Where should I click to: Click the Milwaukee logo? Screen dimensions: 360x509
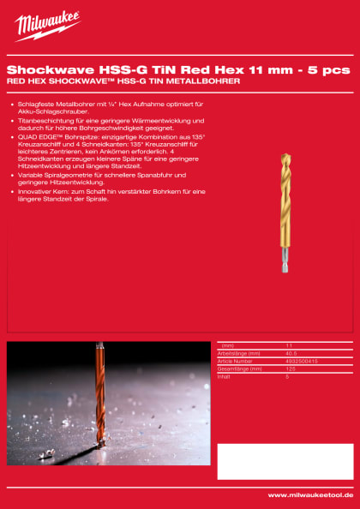(x=47, y=26)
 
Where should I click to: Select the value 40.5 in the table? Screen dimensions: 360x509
(x=291, y=353)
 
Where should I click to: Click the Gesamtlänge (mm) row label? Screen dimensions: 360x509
(x=242, y=368)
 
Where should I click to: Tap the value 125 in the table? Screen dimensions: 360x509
(x=290, y=368)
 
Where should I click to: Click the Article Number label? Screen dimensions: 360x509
(x=238, y=362)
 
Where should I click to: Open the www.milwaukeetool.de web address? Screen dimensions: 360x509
(x=310, y=495)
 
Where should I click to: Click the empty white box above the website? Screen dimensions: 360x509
(x=285, y=461)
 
